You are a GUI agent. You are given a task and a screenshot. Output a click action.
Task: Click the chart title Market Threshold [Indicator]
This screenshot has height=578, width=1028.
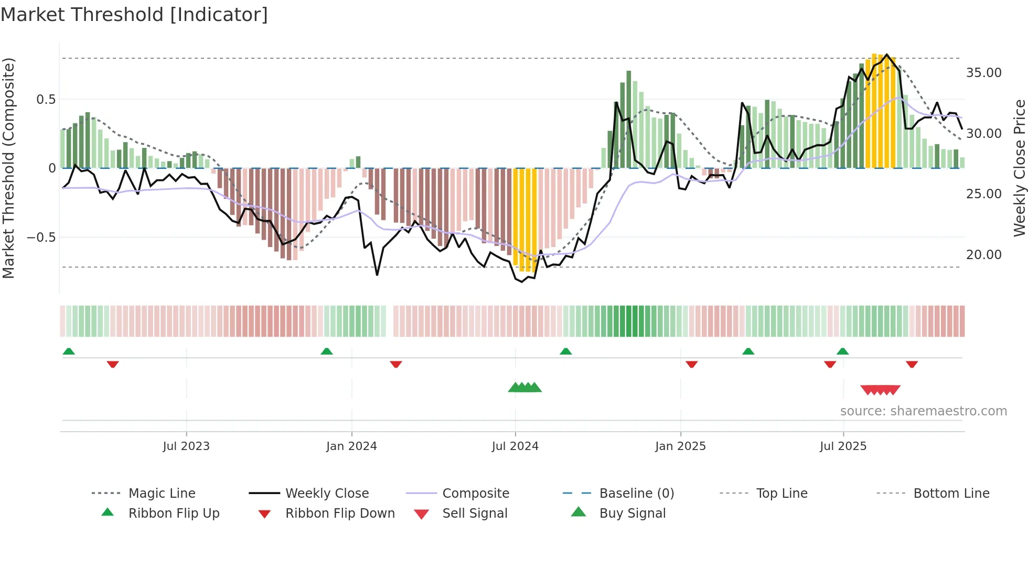point(134,15)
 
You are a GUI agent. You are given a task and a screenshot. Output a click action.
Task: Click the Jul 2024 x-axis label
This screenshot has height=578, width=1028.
point(515,446)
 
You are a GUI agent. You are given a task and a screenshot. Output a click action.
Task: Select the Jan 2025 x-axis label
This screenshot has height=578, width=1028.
point(680,446)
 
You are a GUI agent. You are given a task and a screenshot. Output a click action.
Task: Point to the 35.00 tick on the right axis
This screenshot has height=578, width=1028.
point(983,73)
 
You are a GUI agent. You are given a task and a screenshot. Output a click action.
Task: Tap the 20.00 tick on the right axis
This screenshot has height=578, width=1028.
point(983,255)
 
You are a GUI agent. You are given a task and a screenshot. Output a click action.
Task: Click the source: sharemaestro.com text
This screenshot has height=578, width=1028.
point(923,411)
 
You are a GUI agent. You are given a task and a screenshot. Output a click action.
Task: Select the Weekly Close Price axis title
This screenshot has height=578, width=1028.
point(1019,168)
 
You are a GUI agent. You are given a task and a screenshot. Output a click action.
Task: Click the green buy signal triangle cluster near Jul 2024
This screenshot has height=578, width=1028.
point(524,388)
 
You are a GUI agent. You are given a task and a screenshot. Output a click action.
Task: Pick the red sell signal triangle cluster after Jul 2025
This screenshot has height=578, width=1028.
point(880,390)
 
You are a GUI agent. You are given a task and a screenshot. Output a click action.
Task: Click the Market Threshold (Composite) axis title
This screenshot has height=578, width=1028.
point(8,168)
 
